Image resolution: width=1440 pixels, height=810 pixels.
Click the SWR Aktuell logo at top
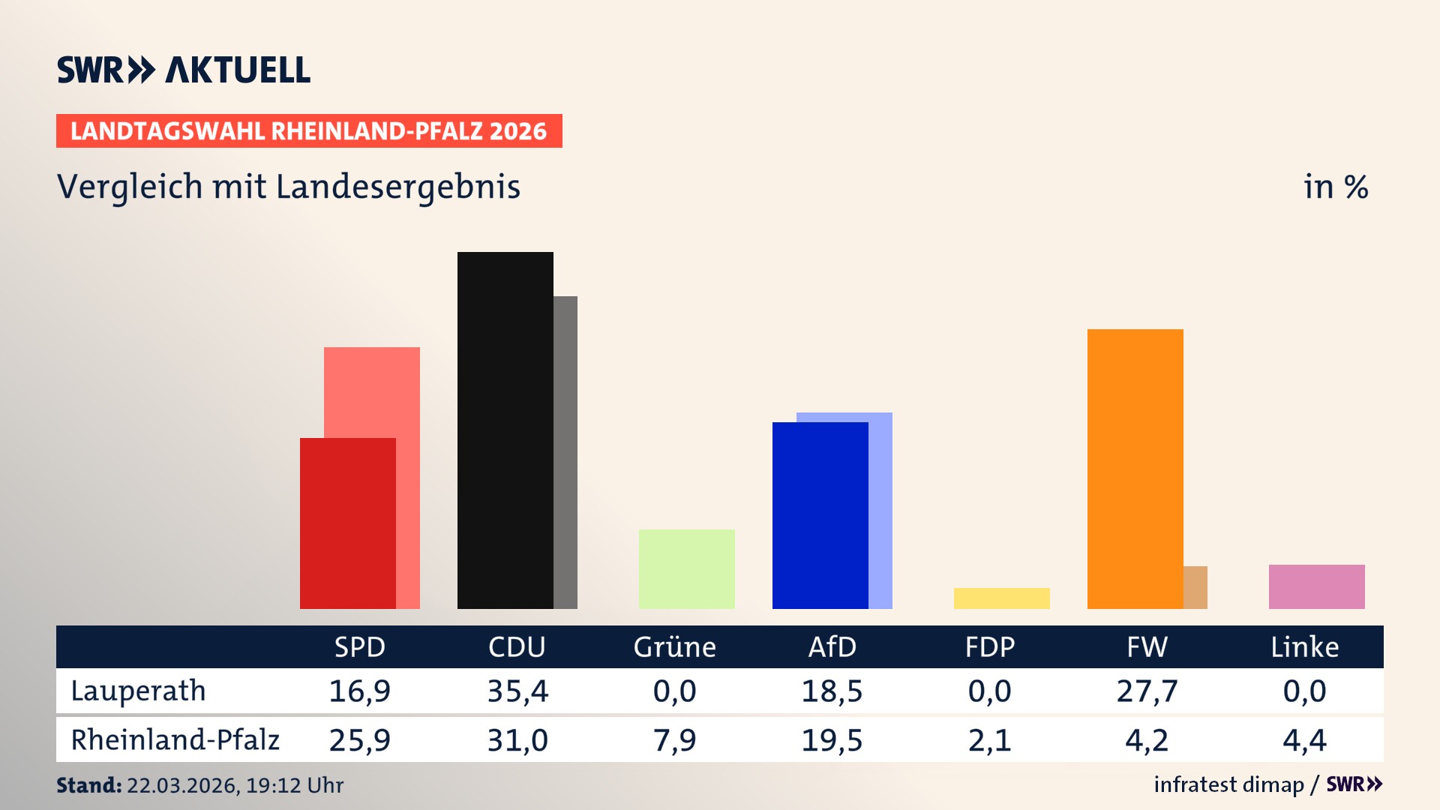(x=183, y=70)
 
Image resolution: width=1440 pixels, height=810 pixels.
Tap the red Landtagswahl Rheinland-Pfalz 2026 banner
(x=308, y=131)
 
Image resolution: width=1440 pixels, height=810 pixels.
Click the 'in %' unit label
(x=1335, y=187)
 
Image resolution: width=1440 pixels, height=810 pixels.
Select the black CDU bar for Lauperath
(x=505, y=430)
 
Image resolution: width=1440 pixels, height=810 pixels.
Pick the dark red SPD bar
(x=347, y=523)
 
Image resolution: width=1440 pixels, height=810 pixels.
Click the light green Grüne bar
(x=686, y=568)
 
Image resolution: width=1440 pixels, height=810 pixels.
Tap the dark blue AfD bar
(x=820, y=515)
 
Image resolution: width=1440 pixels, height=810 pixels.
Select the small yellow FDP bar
(x=1001, y=598)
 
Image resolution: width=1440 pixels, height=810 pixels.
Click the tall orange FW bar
(x=1135, y=469)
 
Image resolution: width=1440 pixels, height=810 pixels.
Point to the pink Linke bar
(x=1316, y=586)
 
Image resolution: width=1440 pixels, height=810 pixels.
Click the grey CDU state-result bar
(x=565, y=452)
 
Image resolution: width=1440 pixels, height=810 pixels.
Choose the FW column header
(x=1147, y=647)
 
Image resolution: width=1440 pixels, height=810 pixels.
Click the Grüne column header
(x=674, y=647)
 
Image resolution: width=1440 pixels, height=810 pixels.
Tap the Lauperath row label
(x=138, y=691)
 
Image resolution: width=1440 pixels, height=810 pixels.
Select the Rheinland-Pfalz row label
(x=175, y=740)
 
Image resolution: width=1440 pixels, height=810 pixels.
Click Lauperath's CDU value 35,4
(x=517, y=691)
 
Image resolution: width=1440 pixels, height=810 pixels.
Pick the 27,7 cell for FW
(x=1147, y=691)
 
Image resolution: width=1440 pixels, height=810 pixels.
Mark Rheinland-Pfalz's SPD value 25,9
(x=359, y=740)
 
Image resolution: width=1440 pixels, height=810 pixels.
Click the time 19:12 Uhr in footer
(x=294, y=785)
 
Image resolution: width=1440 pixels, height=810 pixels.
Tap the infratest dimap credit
(x=1228, y=784)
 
